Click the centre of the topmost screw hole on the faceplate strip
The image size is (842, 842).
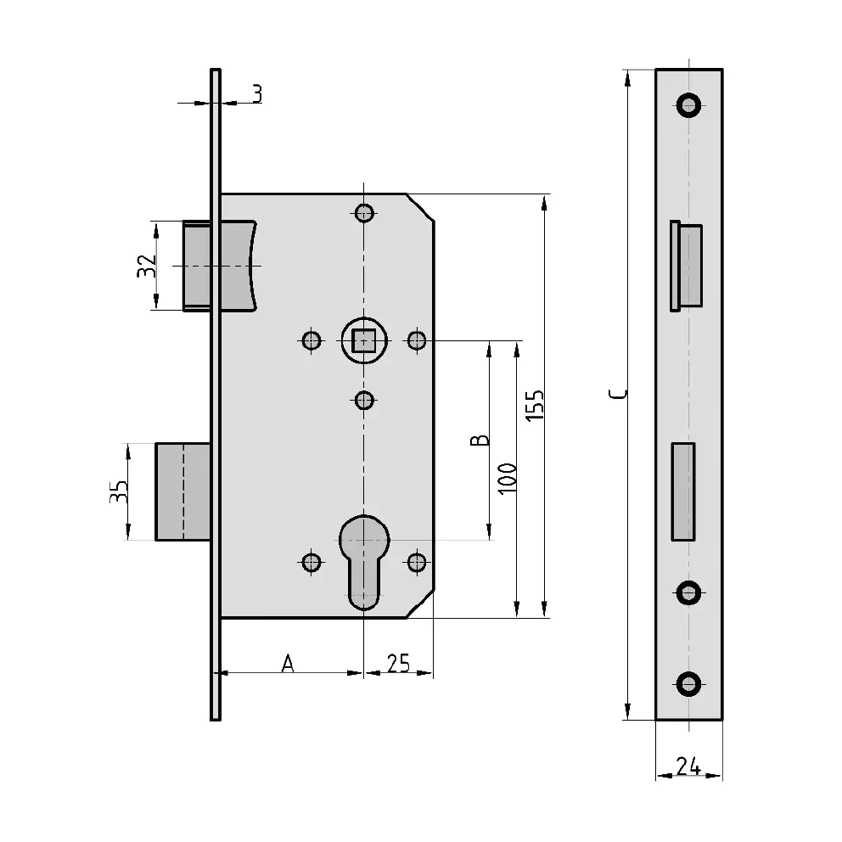[689, 104]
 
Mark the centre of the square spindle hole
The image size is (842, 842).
[364, 340]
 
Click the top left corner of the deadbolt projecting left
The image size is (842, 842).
[155, 444]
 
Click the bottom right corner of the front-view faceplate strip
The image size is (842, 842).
[722, 720]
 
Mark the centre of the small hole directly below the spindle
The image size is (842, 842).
[364, 401]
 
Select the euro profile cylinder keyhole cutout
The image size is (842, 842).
[364, 562]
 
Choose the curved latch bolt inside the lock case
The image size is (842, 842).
[220, 266]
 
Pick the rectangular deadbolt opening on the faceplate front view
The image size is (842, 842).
[683, 491]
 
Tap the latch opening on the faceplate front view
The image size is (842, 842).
[687, 266]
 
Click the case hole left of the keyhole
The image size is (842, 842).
[312, 562]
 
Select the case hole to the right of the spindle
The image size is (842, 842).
[417, 340]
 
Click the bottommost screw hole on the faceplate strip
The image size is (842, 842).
[689, 684]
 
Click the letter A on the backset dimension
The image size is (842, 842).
[288, 663]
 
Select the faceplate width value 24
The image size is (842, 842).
[688, 766]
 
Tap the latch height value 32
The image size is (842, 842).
[147, 266]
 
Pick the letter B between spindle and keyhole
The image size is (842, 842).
[480, 440]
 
